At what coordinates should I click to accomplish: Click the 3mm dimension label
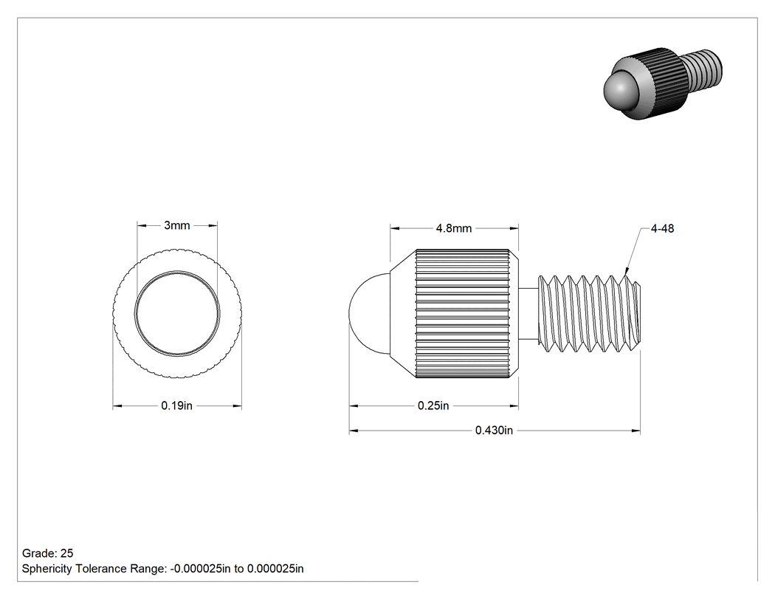coord(177,225)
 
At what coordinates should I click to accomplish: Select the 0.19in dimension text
coord(177,405)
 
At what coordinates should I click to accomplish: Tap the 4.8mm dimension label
coord(454,228)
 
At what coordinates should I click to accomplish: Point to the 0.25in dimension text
coord(433,405)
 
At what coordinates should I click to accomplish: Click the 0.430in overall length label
coord(494,431)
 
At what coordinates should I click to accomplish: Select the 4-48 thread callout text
coord(662,228)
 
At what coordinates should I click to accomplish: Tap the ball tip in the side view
coord(369,314)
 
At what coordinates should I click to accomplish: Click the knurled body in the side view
coord(462,314)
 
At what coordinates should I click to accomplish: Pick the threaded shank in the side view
coord(589,314)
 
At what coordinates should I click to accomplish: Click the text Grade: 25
coord(47,553)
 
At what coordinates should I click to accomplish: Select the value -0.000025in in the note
coord(200,569)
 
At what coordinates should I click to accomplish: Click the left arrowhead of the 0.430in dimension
coord(354,431)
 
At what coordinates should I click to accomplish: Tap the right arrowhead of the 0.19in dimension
coord(237,406)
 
